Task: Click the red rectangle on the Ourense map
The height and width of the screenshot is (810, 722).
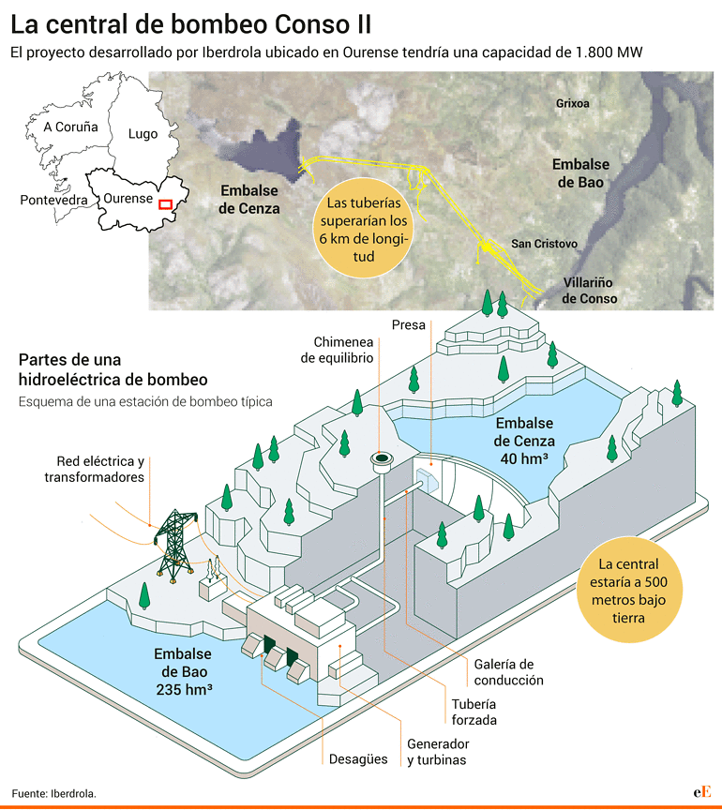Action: [165, 204]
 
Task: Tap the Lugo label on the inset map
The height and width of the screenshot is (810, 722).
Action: [143, 134]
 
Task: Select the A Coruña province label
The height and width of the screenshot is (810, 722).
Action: [70, 127]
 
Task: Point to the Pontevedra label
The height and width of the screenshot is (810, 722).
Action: [53, 200]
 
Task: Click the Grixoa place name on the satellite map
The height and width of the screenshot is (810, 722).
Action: [573, 103]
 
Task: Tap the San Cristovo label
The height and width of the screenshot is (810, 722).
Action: [544, 244]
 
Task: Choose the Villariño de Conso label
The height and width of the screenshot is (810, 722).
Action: [589, 291]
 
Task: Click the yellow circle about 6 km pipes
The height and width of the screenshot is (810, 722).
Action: [363, 229]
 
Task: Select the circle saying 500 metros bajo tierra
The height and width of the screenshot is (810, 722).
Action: [629, 590]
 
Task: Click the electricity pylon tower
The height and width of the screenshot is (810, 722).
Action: [175, 545]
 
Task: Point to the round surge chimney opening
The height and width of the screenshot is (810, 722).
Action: [382, 458]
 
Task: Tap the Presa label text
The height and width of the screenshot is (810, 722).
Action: [408, 325]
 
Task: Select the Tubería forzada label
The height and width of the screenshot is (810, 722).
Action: [474, 712]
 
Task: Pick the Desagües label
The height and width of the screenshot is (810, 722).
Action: [358, 758]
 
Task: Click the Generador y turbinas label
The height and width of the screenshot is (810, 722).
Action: [438, 752]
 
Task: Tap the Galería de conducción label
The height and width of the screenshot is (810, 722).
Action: [508, 672]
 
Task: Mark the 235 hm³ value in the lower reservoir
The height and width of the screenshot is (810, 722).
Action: [184, 690]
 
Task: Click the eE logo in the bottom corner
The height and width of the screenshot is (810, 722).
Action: [702, 791]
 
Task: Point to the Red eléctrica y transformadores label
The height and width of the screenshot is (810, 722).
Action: [94, 469]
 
